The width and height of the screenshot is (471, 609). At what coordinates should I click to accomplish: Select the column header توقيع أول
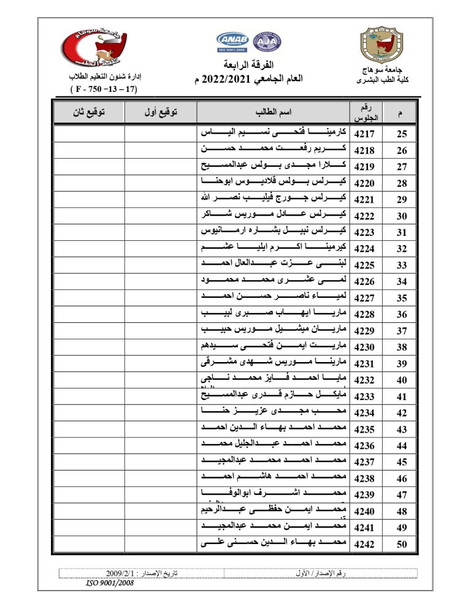pos(160,113)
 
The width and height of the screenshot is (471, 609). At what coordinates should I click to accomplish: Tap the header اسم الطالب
pos(273,113)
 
